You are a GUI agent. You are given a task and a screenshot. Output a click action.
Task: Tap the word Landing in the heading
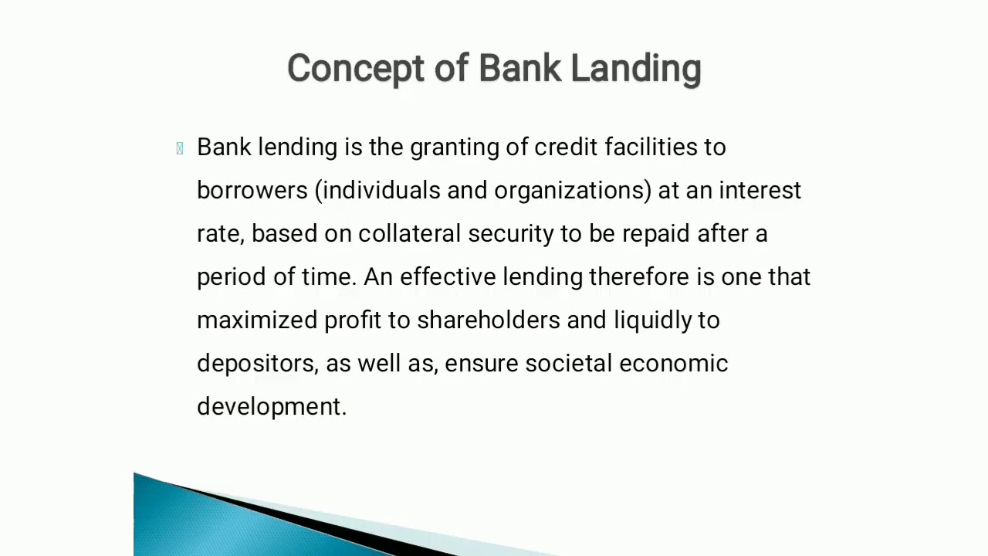pos(635,69)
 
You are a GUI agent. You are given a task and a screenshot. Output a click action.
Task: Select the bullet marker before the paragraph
pos(180,148)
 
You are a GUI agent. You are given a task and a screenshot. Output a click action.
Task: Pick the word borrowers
pos(252,191)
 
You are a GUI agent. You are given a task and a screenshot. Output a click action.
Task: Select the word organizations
pos(571,191)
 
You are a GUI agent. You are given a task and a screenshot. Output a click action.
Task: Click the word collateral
pos(409,234)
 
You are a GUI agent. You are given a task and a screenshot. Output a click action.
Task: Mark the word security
pos(510,234)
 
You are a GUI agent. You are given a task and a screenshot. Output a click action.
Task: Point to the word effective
pos(448,276)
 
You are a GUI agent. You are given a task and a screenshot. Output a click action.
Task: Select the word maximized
pos(256,320)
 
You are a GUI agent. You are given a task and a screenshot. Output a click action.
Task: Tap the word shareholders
pos(488,320)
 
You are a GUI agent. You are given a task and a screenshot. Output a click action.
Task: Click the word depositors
pos(256,364)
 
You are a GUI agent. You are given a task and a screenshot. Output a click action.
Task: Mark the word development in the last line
pos(270,407)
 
